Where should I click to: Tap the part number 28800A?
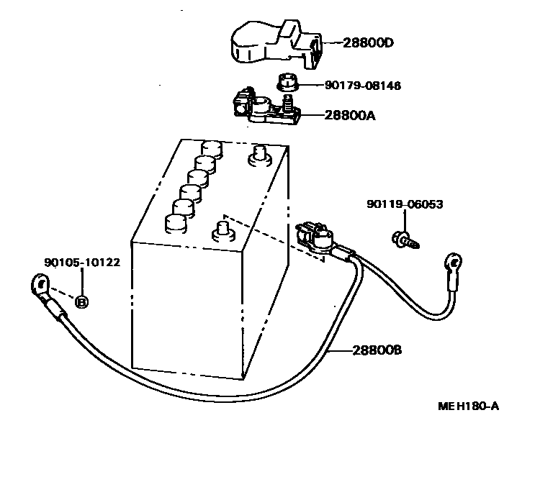[349, 114]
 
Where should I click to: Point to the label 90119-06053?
[404, 204]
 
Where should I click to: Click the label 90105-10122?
[81, 263]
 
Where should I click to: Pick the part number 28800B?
[377, 350]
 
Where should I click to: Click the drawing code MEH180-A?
[468, 406]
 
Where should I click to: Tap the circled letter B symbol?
[81, 302]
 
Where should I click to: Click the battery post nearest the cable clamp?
[222, 232]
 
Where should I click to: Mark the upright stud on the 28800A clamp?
[288, 102]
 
